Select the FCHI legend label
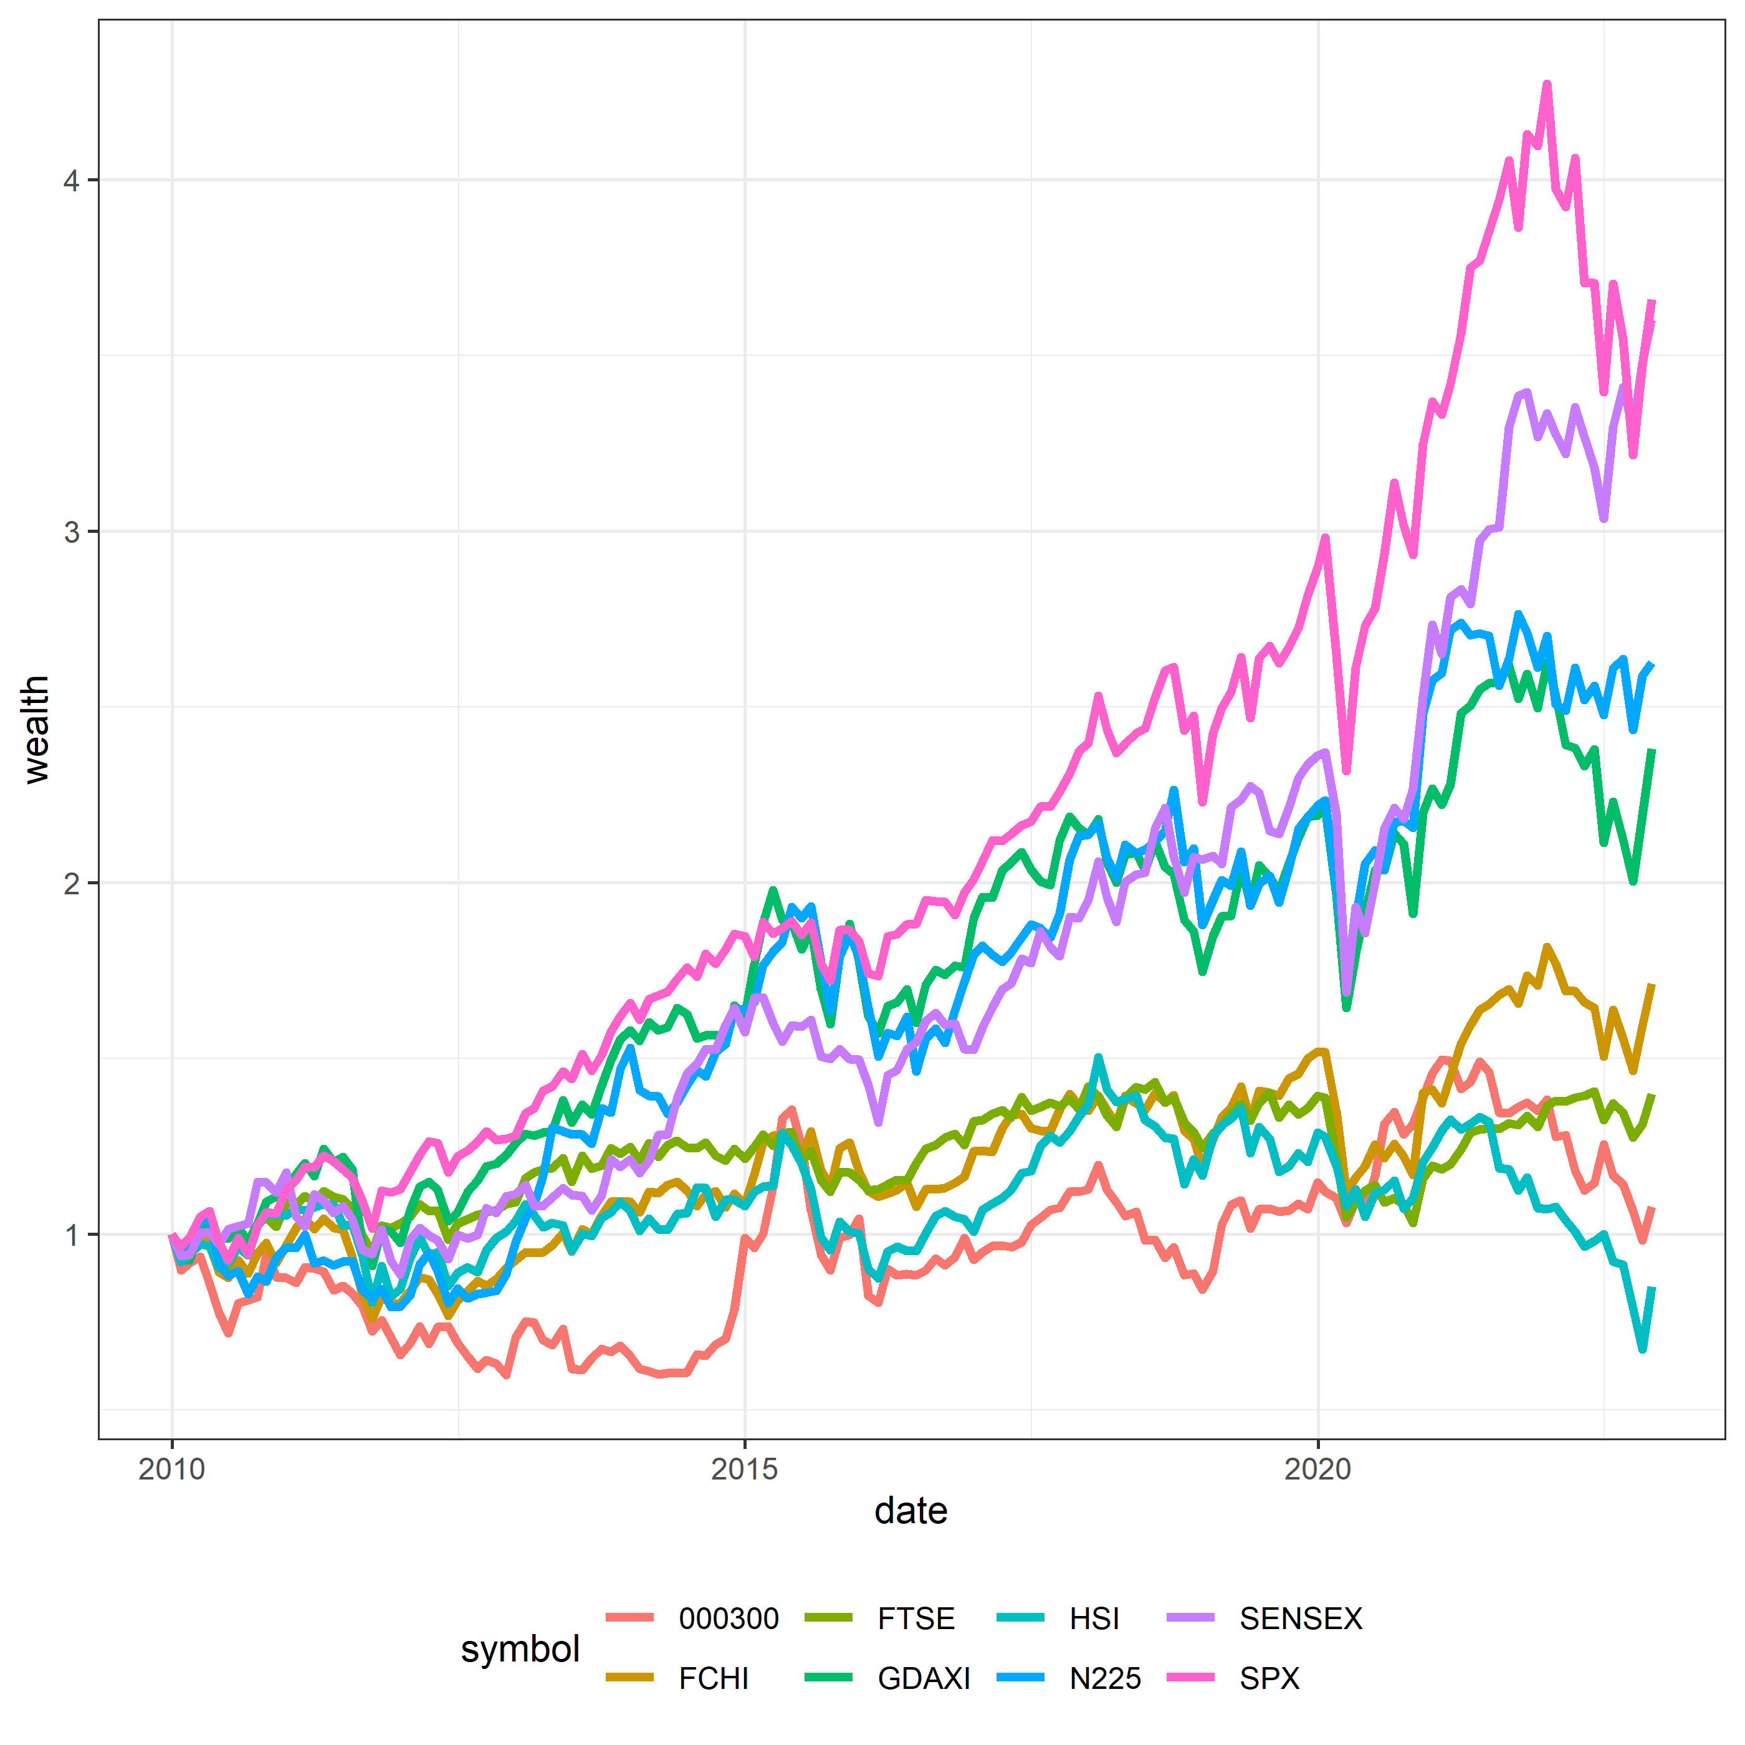(x=714, y=1678)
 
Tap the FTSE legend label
(x=916, y=1618)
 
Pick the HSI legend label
(x=1094, y=1618)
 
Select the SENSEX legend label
(x=1301, y=1618)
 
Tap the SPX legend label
(x=1269, y=1678)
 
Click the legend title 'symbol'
(x=520, y=1648)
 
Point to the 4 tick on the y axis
(x=71, y=181)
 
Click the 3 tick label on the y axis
(x=71, y=532)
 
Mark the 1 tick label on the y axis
(x=71, y=1235)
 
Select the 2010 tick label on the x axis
(x=171, y=1470)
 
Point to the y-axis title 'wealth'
(x=36, y=729)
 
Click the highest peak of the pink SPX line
(x=1547, y=84)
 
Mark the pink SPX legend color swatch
(x=1190, y=1678)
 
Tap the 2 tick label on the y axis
(x=71, y=883)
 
